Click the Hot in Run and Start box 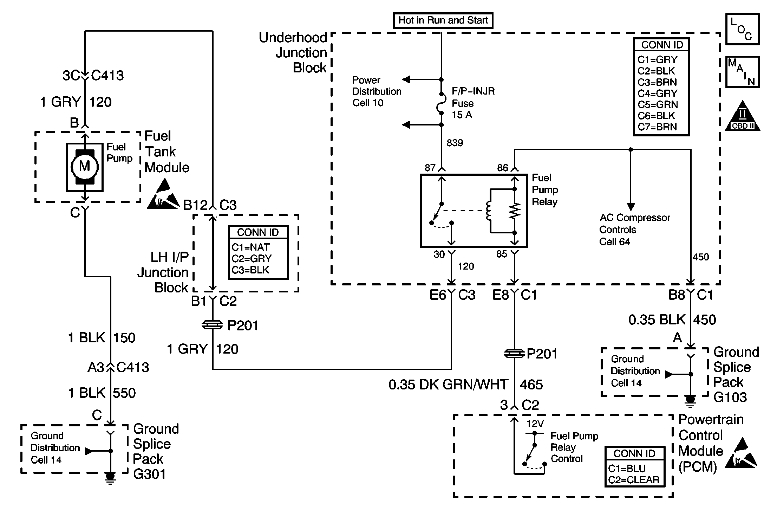tap(443, 20)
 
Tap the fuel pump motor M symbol tap(84, 166)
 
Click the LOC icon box tap(743, 29)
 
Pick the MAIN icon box tap(743, 72)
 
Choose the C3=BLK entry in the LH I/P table tap(250, 270)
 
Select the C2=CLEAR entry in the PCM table tap(634, 480)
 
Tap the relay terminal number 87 tap(430, 168)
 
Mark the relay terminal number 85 tap(502, 254)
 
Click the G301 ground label tap(149, 474)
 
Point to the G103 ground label tap(730, 397)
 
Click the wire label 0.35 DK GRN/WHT tap(448, 385)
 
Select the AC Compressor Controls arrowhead tap(631, 207)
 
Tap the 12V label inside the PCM tap(535, 424)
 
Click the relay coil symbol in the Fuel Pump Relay tap(489, 211)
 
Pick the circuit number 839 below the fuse tap(455, 143)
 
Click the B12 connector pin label tap(195, 205)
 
